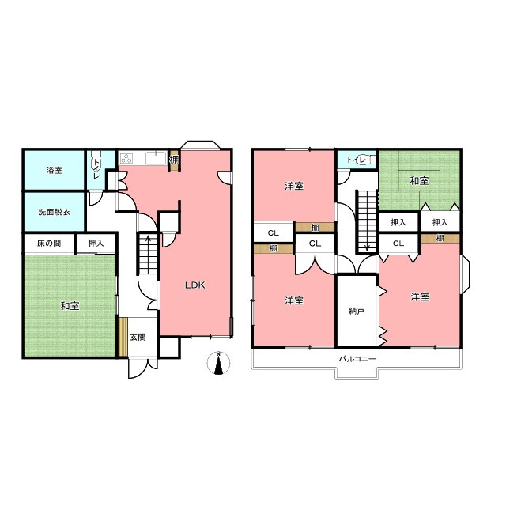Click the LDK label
point(195,285)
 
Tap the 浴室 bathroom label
point(55,171)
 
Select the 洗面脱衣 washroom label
point(55,212)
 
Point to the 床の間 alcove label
point(49,243)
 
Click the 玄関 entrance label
point(138,338)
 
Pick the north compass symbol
point(218,363)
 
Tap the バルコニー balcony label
point(357,358)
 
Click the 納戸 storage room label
point(357,311)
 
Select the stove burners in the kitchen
point(126,158)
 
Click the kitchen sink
point(156,158)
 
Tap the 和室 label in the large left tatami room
point(70,306)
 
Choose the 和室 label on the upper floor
point(419,181)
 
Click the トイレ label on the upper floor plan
point(357,160)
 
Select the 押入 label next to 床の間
point(96,243)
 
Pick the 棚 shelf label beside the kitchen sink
point(174,160)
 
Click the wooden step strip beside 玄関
point(123,338)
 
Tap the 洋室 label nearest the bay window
point(420,296)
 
